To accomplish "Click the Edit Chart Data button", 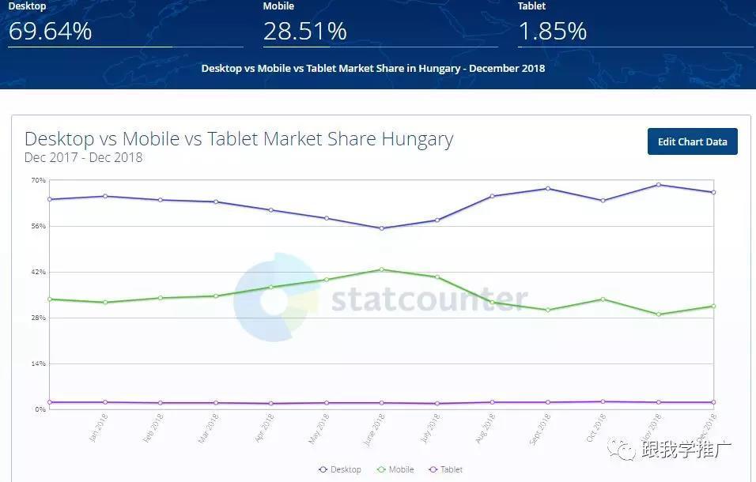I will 692,141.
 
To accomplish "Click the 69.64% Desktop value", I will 51,31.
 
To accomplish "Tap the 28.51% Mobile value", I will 305,31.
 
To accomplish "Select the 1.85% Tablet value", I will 552,31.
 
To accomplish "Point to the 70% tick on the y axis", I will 39,180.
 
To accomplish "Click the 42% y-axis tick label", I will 39,272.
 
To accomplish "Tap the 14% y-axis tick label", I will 39,363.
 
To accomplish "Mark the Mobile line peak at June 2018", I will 381,269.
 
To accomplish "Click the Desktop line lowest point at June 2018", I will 381,228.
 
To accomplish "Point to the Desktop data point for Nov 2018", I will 658,185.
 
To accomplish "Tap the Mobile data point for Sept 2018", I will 547,310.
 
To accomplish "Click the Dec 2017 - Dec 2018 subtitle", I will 83,157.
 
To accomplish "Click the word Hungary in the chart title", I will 417,139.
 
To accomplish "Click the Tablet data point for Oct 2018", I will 603,401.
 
